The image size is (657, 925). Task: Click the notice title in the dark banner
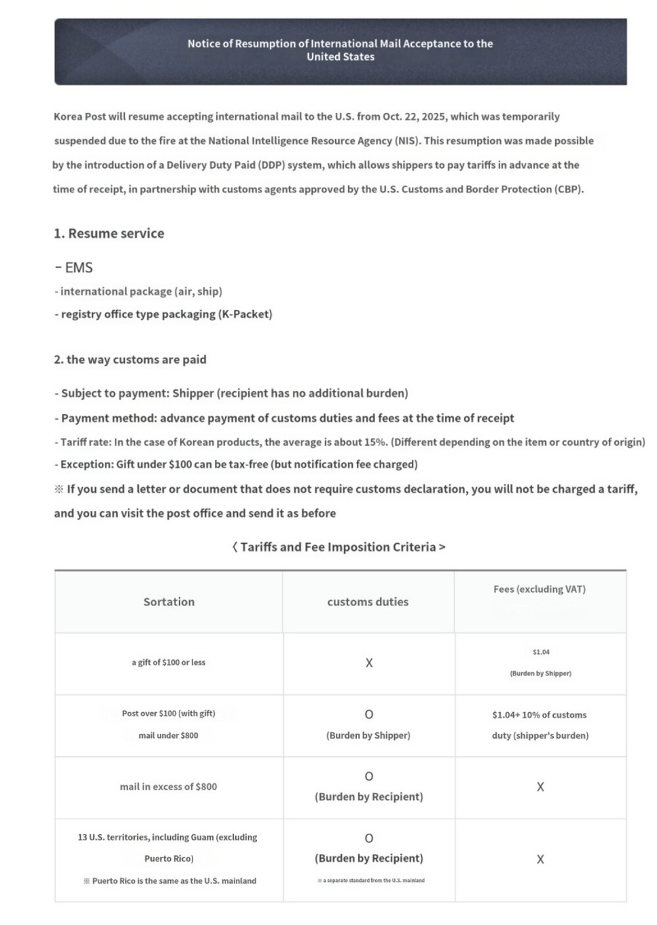click(x=340, y=50)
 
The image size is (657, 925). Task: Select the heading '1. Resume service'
click(x=109, y=233)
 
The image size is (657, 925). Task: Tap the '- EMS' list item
click(x=74, y=267)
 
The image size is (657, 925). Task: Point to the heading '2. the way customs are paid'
click(x=130, y=359)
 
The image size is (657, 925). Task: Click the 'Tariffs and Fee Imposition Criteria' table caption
click(x=339, y=547)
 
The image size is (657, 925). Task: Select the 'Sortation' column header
click(x=169, y=601)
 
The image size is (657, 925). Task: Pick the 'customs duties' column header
click(x=368, y=601)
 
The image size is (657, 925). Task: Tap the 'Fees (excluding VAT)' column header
click(x=539, y=589)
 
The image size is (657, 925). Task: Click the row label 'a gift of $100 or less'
click(x=168, y=662)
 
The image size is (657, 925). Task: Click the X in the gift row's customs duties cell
click(x=369, y=663)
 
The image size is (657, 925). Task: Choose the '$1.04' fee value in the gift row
click(x=541, y=652)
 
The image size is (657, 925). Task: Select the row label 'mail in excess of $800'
click(x=168, y=786)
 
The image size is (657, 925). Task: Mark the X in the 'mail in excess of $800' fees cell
click(x=540, y=787)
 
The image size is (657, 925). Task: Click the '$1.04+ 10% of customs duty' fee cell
click(x=540, y=725)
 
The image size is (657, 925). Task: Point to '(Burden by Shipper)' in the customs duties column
click(x=368, y=735)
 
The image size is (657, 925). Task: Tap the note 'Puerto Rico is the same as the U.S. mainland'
click(x=174, y=881)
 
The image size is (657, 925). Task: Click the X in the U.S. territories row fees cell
click(x=540, y=859)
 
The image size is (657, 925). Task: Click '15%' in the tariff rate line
click(x=375, y=442)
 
